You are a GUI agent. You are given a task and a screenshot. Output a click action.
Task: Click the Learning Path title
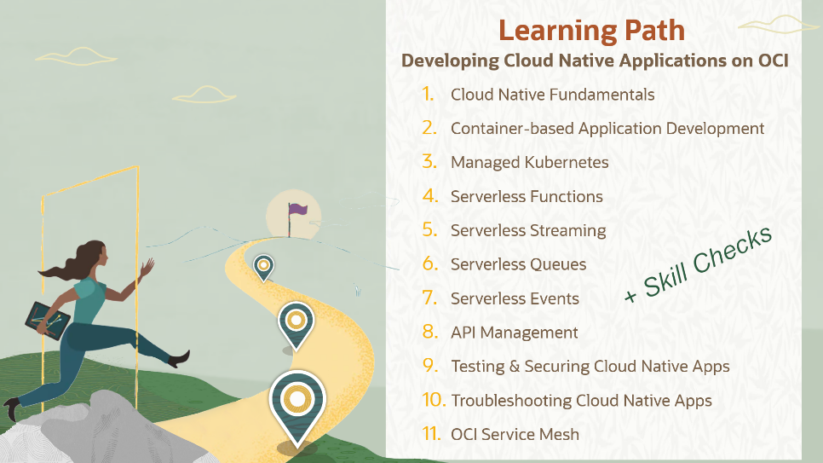pyautogui.click(x=591, y=31)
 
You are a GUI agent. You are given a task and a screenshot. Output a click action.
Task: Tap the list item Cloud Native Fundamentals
pyautogui.click(x=552, y=95)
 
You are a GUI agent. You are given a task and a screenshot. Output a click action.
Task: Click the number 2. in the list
pyautogui.click(x=429, y=128)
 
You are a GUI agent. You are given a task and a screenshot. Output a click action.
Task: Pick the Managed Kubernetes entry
pyautogui.click(x=529, y=162)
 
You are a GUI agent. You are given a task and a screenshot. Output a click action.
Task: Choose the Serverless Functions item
pyautogui.click(x=527, y=196)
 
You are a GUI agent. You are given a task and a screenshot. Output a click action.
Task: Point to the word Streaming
pyautogui.click(x=567, y=230)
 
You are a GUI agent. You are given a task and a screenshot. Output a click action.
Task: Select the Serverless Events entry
pyautogui.click(x=515, y=298)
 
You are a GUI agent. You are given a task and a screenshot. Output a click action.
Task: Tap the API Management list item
pyautogui.click(x=514, y=333)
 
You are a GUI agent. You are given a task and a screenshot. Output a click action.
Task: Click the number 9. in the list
pyautogui.click(x=429, y=366)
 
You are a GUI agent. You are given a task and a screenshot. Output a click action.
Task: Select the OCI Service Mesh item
pyautogui.click(x=515, y=434)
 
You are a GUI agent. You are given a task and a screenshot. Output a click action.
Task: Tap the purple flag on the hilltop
pyautogui.click(x=297, y=209)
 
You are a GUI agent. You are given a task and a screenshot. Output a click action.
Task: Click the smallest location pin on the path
pyautogui.click(x=264, y=267)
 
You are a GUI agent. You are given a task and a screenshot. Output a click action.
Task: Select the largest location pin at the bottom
pyautogui.click(x=296, y=402)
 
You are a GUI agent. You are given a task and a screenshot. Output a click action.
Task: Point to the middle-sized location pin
pyautogui.click(x=296, y=323)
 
